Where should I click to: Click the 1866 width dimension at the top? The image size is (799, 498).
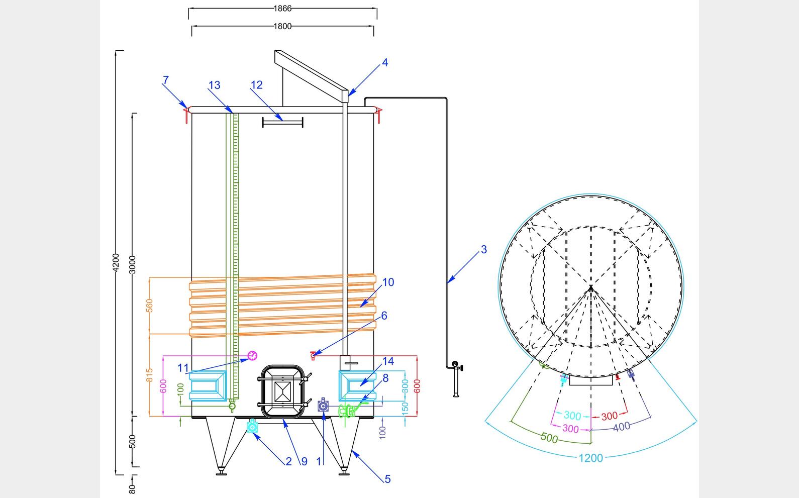(282, 8)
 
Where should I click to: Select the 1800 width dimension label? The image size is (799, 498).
(282, 26)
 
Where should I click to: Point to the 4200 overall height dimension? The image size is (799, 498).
(116, 262)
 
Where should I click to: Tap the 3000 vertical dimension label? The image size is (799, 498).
(132, 264)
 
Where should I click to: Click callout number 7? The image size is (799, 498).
(166, 80)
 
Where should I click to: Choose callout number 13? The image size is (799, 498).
(214, 85)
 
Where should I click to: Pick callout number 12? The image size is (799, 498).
(256, 85)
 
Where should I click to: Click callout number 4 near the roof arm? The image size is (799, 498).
(385, 63)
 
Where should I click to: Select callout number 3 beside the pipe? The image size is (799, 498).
(483, 249)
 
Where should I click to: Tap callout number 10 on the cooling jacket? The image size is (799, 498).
(388, 282)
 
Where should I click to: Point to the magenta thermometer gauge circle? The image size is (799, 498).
(252, 356)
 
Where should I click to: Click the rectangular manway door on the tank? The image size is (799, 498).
(282, 390)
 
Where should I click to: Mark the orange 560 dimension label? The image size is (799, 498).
(149, 305)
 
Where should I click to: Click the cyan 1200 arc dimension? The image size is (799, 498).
(590, 458)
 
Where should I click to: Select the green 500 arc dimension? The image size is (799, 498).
(549, 438)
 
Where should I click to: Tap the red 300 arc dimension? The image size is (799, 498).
(609, 416)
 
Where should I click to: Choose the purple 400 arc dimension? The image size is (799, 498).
(622, 427)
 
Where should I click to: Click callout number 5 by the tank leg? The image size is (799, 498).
(387, 479)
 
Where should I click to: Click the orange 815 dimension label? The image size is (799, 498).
(149, 375)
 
